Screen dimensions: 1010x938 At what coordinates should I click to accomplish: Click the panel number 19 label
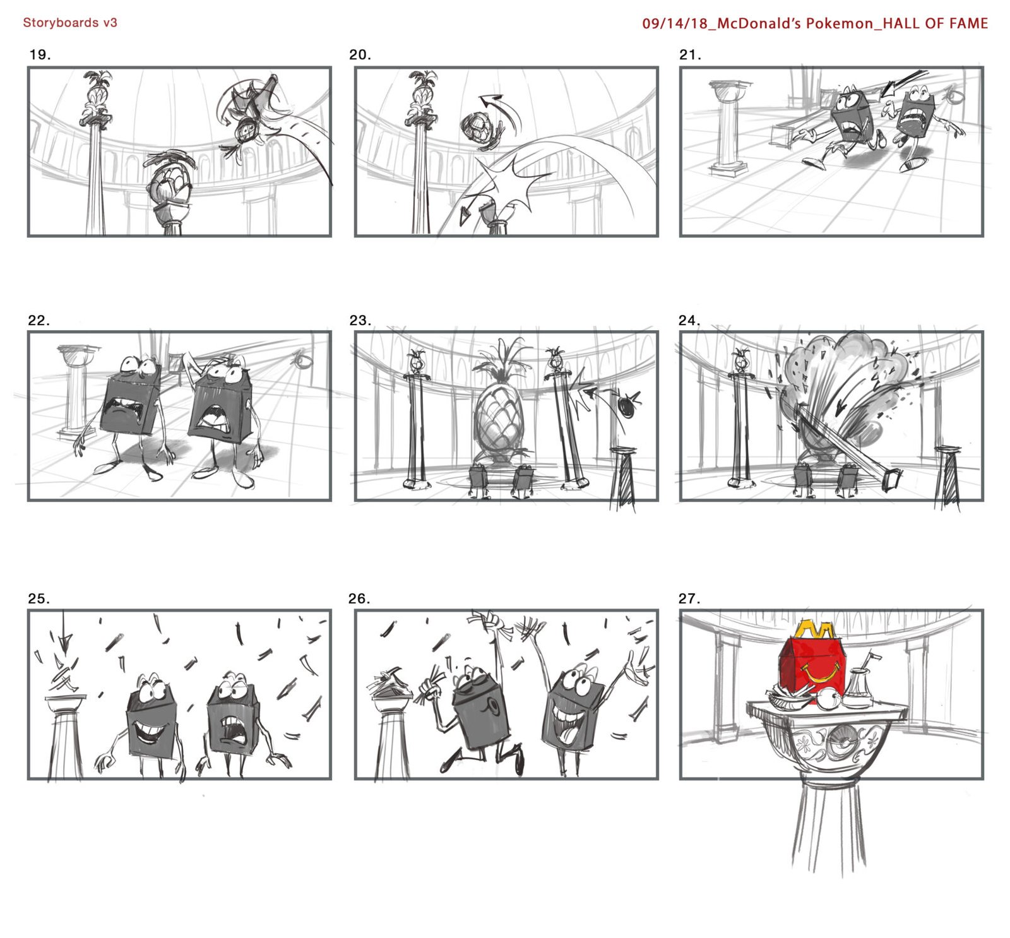tap(40, 55)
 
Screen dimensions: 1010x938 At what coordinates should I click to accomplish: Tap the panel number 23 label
tap(360, 321)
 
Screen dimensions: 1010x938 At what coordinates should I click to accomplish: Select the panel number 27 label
tap(689, 598)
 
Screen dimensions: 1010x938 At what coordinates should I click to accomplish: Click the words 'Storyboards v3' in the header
tap(70, 23)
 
